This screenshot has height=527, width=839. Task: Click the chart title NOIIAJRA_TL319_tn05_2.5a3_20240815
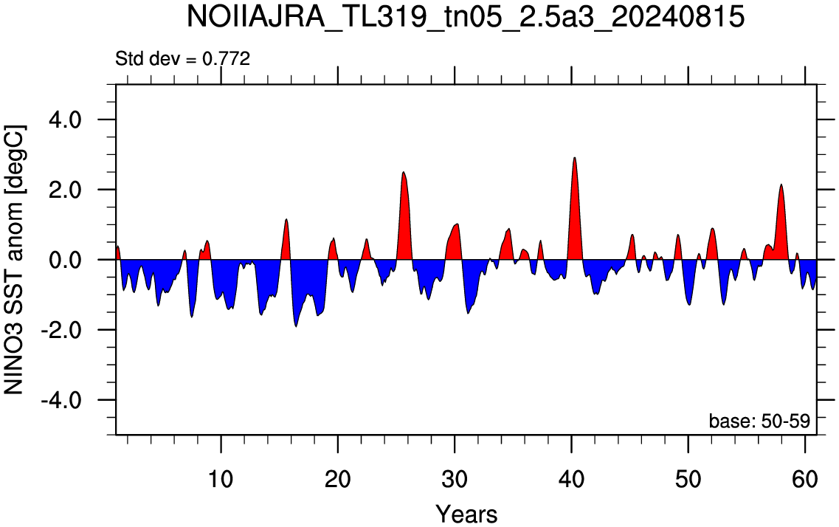point(466,17)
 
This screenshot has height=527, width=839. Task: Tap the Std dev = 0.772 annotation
point(182,58)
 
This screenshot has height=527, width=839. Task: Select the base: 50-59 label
point(759,421)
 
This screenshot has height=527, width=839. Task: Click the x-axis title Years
point(466,514)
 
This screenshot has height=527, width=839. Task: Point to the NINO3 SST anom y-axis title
point(14,260)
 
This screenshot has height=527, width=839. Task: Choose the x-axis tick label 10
point(221,479)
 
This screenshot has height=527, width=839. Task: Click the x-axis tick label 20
point(338,479)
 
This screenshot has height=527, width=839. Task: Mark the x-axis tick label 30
point(455,479)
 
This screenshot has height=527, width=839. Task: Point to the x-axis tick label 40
point(571,479)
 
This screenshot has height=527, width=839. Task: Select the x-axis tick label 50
point(688,479)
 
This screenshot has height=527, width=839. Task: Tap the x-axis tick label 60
point(805,479)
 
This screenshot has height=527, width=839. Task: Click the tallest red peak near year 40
point(575,159)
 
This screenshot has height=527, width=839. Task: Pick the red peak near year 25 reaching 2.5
point(404,172)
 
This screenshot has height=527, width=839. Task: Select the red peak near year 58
point(781,185)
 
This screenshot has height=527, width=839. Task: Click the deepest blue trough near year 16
point(297,325)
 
